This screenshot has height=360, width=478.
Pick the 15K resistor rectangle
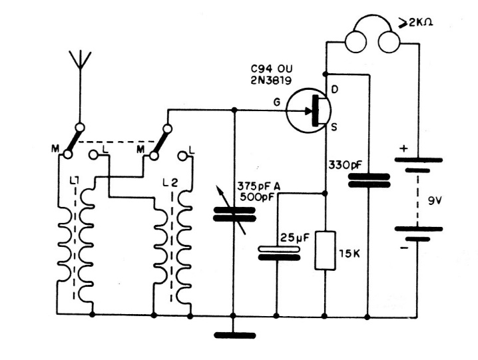(x=325, y=251)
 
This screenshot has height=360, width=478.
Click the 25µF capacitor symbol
(x=277, y=254)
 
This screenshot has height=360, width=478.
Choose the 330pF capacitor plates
(x=369, y=180)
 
